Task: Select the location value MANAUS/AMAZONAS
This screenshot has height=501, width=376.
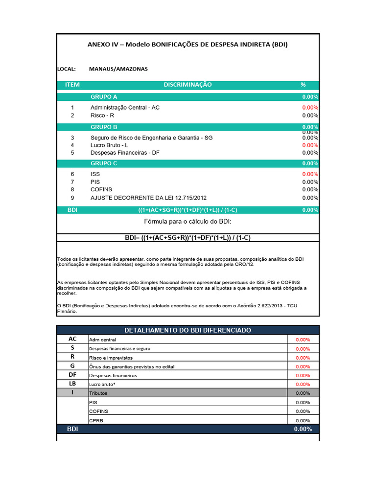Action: point(118,69)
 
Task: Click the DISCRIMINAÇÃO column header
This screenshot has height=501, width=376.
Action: point(188,85)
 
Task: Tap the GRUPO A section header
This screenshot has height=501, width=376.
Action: point(104,97)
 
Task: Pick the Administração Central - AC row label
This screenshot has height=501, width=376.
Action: point(125,107)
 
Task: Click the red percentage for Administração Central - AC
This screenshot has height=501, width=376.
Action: point(310,107)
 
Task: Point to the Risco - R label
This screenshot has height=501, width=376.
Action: point(102,115)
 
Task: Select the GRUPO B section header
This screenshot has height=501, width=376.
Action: point(104,127)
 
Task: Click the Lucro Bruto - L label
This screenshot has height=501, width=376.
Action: point(109,145)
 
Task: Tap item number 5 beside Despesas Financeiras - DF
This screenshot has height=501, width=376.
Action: point(72,153)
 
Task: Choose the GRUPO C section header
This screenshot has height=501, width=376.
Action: point(104,163)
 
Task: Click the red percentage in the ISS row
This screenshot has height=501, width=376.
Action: point(310,174)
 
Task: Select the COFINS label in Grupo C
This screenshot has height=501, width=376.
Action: point(101,189)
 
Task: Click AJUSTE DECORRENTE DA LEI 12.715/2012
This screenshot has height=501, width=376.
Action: point(148,198)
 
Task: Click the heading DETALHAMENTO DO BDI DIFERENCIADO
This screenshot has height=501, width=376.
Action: point(188,330)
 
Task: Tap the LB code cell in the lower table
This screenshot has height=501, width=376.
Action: point(72,384)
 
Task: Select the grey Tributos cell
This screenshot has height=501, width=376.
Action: point(188,393)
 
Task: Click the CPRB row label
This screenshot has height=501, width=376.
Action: point(96,420)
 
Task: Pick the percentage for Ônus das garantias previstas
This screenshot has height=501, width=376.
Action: point(303,366)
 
